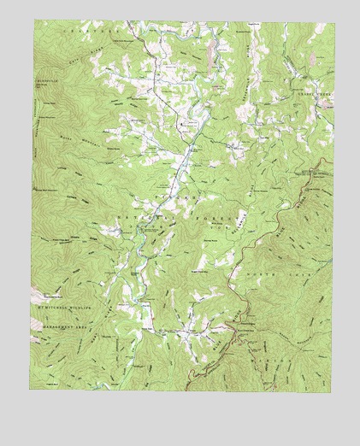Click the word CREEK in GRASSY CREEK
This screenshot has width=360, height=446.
(322, 94)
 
